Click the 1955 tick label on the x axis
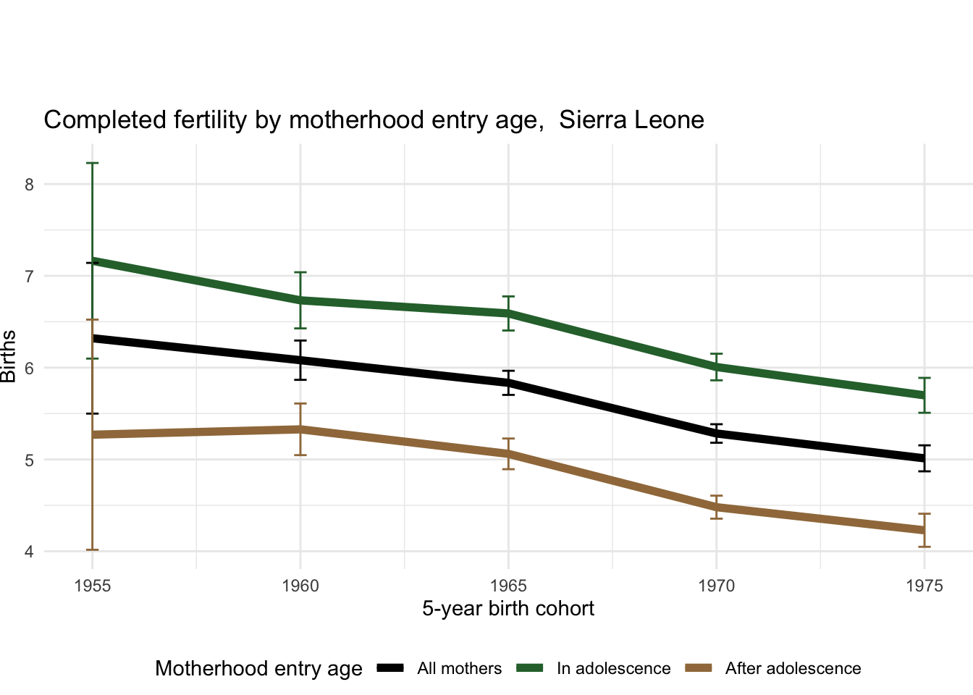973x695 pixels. coord(93,586)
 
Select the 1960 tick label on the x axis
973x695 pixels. coord(300,586)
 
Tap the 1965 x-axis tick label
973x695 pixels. coord(508,586)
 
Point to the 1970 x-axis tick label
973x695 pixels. coord(716,586)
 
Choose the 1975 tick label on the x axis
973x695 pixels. coord(924,586)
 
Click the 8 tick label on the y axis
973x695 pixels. coord(29,184)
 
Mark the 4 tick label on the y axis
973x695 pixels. coord(29,552)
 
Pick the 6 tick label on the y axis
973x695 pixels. coord(29,368)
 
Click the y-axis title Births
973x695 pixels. coord(9,356)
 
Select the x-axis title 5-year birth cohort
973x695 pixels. coord(508,609)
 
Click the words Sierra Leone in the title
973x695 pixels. coord(631,120)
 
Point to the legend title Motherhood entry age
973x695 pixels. coord(258,669)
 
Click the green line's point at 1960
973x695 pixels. coord(300,300)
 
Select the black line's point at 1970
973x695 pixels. coord(716,434)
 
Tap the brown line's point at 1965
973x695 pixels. coord(508,454)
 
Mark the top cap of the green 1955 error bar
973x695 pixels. coord(93,164)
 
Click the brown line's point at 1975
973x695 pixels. coord(924,530)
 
